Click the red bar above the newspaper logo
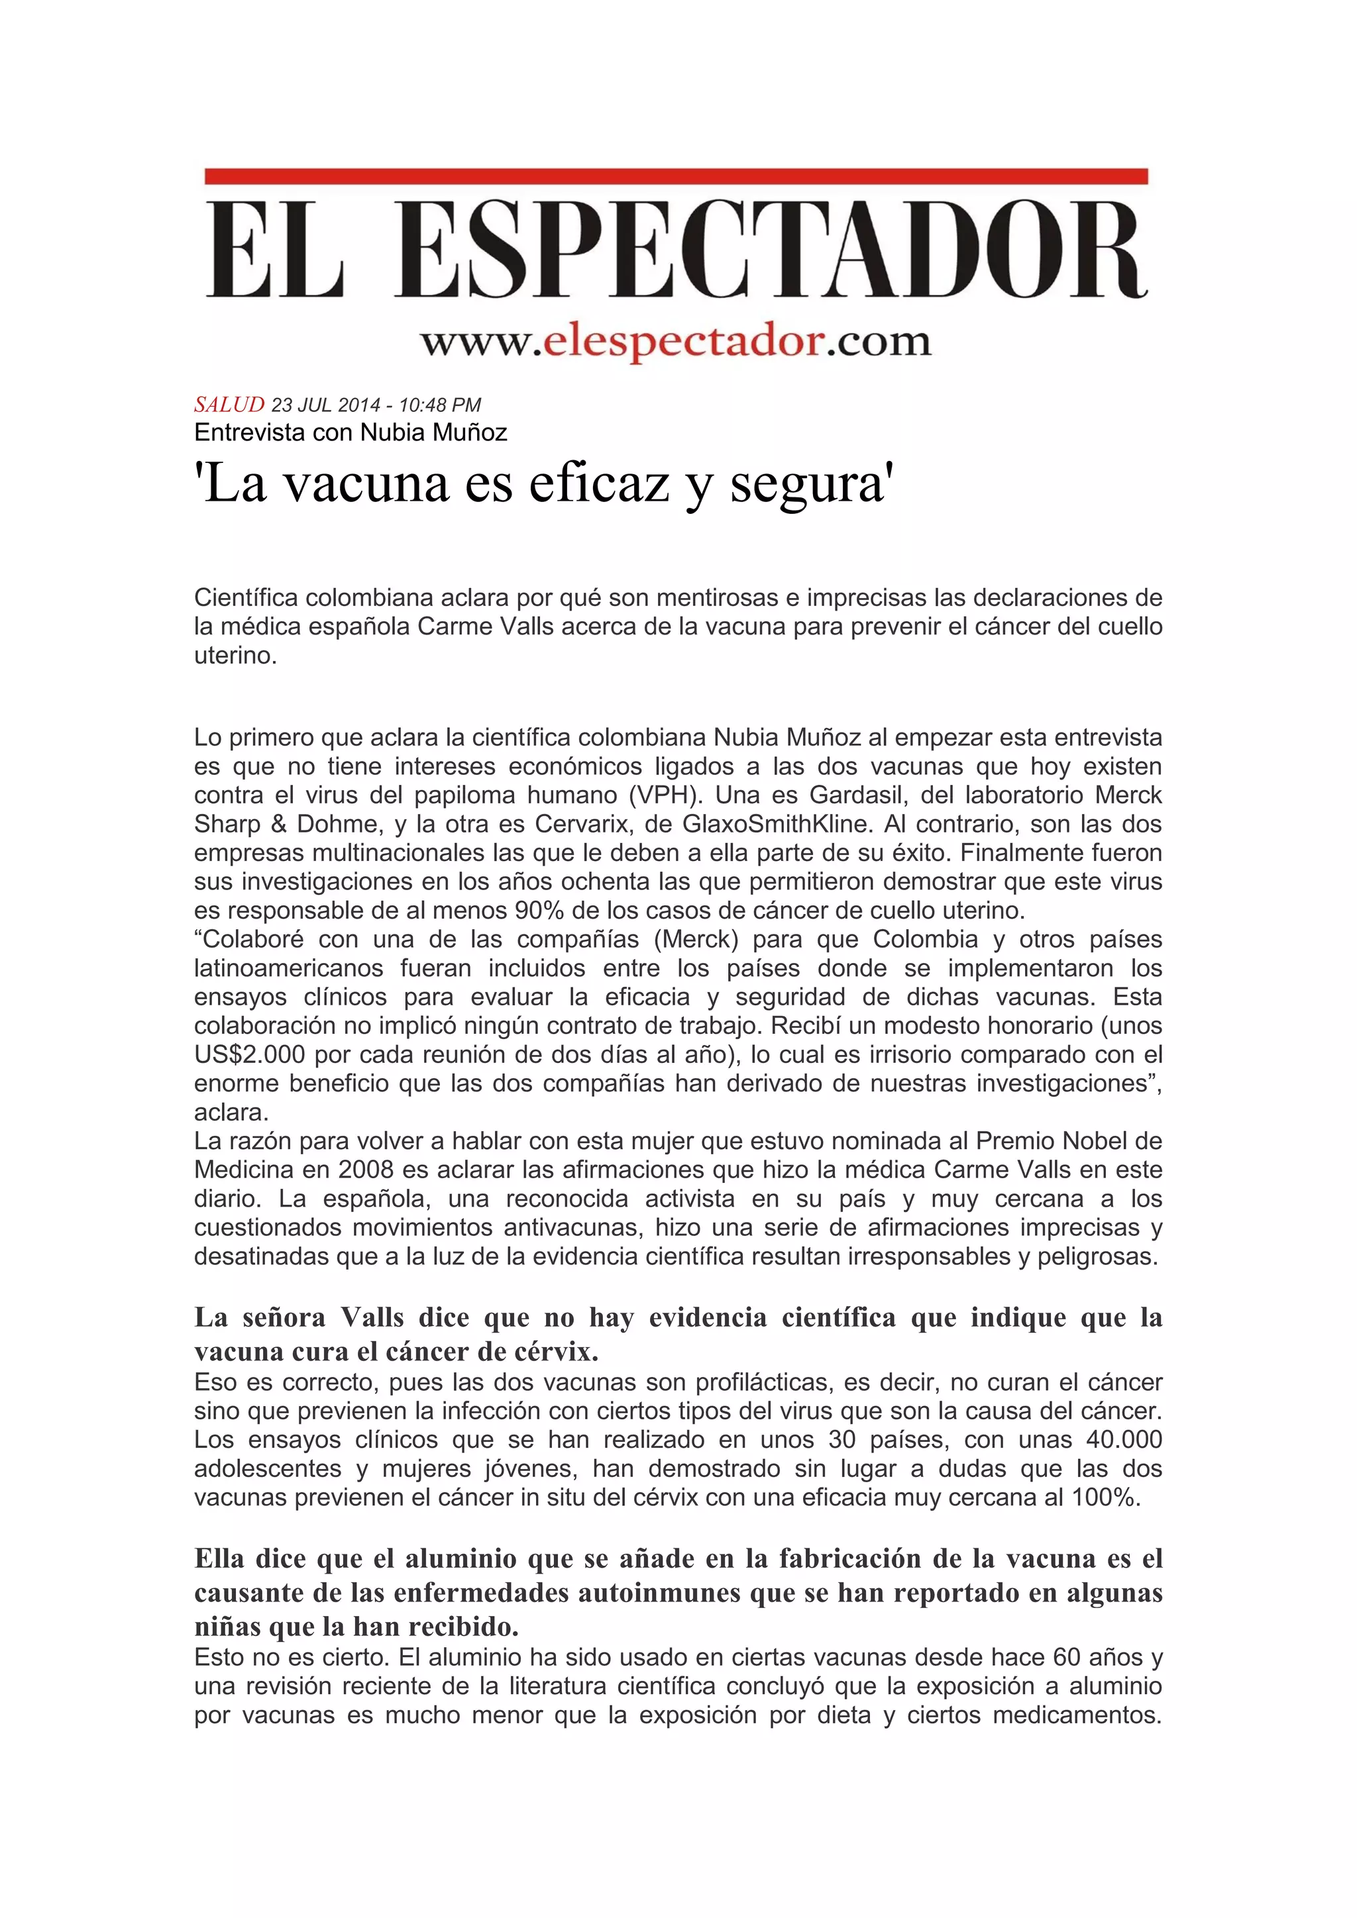point(676,176)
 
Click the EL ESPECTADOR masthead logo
point(676,248)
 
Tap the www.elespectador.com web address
point(675,342)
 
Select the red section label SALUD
point(229,405)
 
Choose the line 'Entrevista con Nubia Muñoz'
point(350,432)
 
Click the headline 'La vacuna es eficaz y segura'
point(544,485)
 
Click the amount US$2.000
point(249,1055)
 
